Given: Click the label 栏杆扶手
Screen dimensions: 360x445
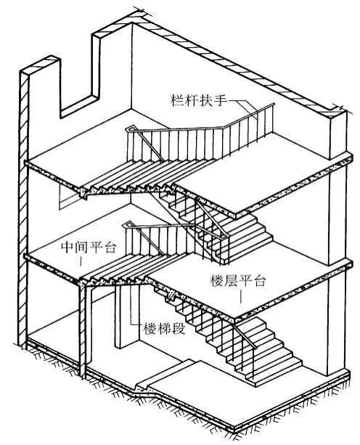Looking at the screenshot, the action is [x=199, y=100].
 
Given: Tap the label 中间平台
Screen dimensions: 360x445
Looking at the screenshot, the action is [x=89, y=248].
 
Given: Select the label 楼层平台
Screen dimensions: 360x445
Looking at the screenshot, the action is [x=238, y=281].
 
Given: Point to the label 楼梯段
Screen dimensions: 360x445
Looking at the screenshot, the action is [x=165, y=329].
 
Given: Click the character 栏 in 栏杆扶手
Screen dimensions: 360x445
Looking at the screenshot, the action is [x=178, y=100].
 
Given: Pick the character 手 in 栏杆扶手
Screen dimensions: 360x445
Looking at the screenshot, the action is [x=221, y=100].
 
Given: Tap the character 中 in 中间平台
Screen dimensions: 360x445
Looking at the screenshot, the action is [x=68, y=248].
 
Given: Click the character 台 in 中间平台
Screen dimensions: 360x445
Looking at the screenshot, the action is [x=110, y=248].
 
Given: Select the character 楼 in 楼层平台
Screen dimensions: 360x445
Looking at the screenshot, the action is [x=217, y=281].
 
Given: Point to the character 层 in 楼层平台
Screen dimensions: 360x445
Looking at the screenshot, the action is [x=231, y=281].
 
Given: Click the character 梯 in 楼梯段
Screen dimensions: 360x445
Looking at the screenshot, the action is [x=165, y=329].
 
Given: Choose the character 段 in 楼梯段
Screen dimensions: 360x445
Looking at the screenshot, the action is [x=179, y=329].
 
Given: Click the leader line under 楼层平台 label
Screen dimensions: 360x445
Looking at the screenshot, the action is [x=241, y=296].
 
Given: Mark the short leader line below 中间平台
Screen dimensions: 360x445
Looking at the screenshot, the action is [x=81, y=261].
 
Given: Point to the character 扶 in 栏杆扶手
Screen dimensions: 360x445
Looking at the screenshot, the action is [x=207, y=100].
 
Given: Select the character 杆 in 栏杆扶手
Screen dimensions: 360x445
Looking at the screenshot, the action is [x=192, y=100].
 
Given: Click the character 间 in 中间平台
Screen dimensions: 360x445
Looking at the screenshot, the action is [x=82, y=248].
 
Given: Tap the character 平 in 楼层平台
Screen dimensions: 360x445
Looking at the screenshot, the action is [x=245, y=281].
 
